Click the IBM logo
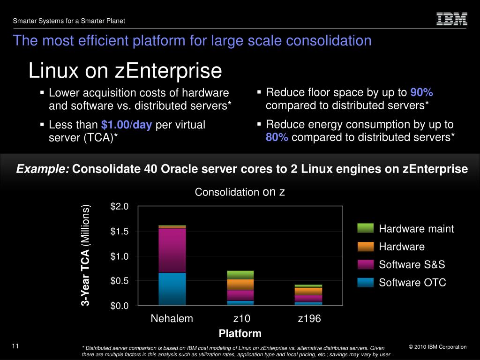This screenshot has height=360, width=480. (452, 19)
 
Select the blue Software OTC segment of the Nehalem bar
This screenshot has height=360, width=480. (172, 289)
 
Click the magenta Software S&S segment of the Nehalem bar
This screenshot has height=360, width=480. (172, 250)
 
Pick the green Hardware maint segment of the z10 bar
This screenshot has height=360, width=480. (240, 275)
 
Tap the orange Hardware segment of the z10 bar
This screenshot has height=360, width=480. (240, 285)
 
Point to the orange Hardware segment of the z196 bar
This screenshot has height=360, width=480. (308, 291)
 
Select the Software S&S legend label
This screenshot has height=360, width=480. (412, 265)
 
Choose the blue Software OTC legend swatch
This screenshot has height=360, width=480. (365, 283)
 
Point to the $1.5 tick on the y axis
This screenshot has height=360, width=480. (119, 232)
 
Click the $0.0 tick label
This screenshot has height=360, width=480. (119, 306)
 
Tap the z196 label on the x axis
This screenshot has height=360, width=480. (309, 319)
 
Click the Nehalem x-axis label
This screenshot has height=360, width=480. (172, 319)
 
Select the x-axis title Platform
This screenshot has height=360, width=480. (240, 334)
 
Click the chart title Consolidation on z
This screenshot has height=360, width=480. (240, 192)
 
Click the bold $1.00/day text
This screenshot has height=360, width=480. (127, 125)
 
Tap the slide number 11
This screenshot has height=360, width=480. (15, 346)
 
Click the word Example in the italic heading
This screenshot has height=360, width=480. (43, 169)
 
